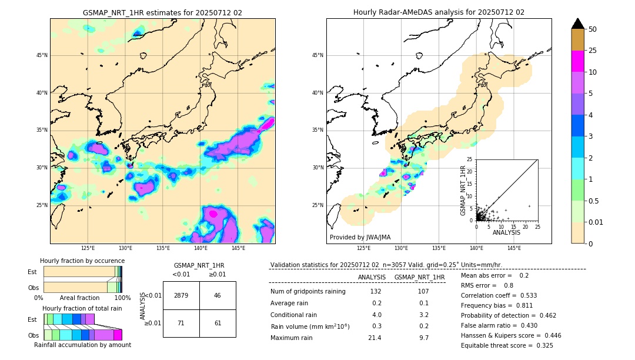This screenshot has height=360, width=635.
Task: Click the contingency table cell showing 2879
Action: click(181, 295)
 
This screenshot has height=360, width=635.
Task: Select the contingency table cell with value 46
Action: click(218, 295)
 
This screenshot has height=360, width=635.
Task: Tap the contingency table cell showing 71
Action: click(181, 323)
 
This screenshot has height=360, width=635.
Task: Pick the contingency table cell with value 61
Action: click(218, 323)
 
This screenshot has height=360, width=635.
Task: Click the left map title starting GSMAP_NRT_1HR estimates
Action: click(162, 12)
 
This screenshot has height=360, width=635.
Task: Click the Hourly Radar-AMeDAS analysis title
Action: click(439, 12)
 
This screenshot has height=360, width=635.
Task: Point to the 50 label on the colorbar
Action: click(593, 29)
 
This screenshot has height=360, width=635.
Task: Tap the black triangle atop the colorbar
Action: click(578, 24)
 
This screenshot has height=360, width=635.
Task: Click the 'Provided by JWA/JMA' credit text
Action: click(360, 237)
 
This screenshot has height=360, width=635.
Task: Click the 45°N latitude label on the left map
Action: click(41, 55)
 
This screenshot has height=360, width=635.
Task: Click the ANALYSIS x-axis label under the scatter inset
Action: click(506, 232)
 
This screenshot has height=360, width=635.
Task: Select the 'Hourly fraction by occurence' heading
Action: click(82, 261)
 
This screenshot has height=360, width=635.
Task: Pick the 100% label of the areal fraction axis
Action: click(122, 298)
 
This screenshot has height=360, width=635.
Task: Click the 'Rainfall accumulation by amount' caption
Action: click(82, 345)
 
